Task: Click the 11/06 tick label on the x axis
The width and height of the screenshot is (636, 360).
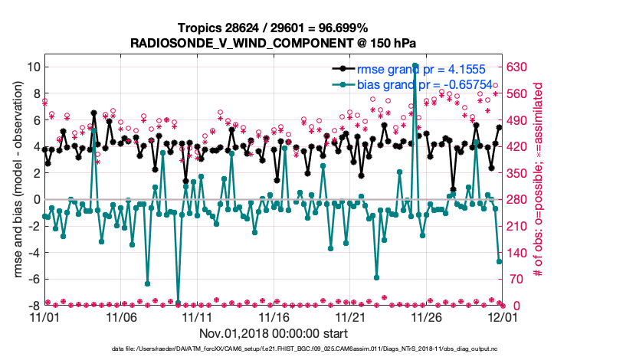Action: pyautogui.click(x=121, y=317)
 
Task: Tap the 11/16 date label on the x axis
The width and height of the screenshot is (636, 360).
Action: pyautogui.click(x=274, y=317)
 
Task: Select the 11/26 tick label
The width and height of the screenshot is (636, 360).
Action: pyautogui.click(x=426, y=317)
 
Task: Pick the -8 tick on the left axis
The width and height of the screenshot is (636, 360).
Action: pyautogui.click(x=34, y=306)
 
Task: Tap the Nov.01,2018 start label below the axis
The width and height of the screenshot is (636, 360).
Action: pyautogui.click(x=274, y=334)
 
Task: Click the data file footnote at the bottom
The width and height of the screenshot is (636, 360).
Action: pyautogui.click(x=316, y=349)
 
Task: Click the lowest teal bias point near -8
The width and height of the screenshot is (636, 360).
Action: pyautogui.click(x=178, y=303)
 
